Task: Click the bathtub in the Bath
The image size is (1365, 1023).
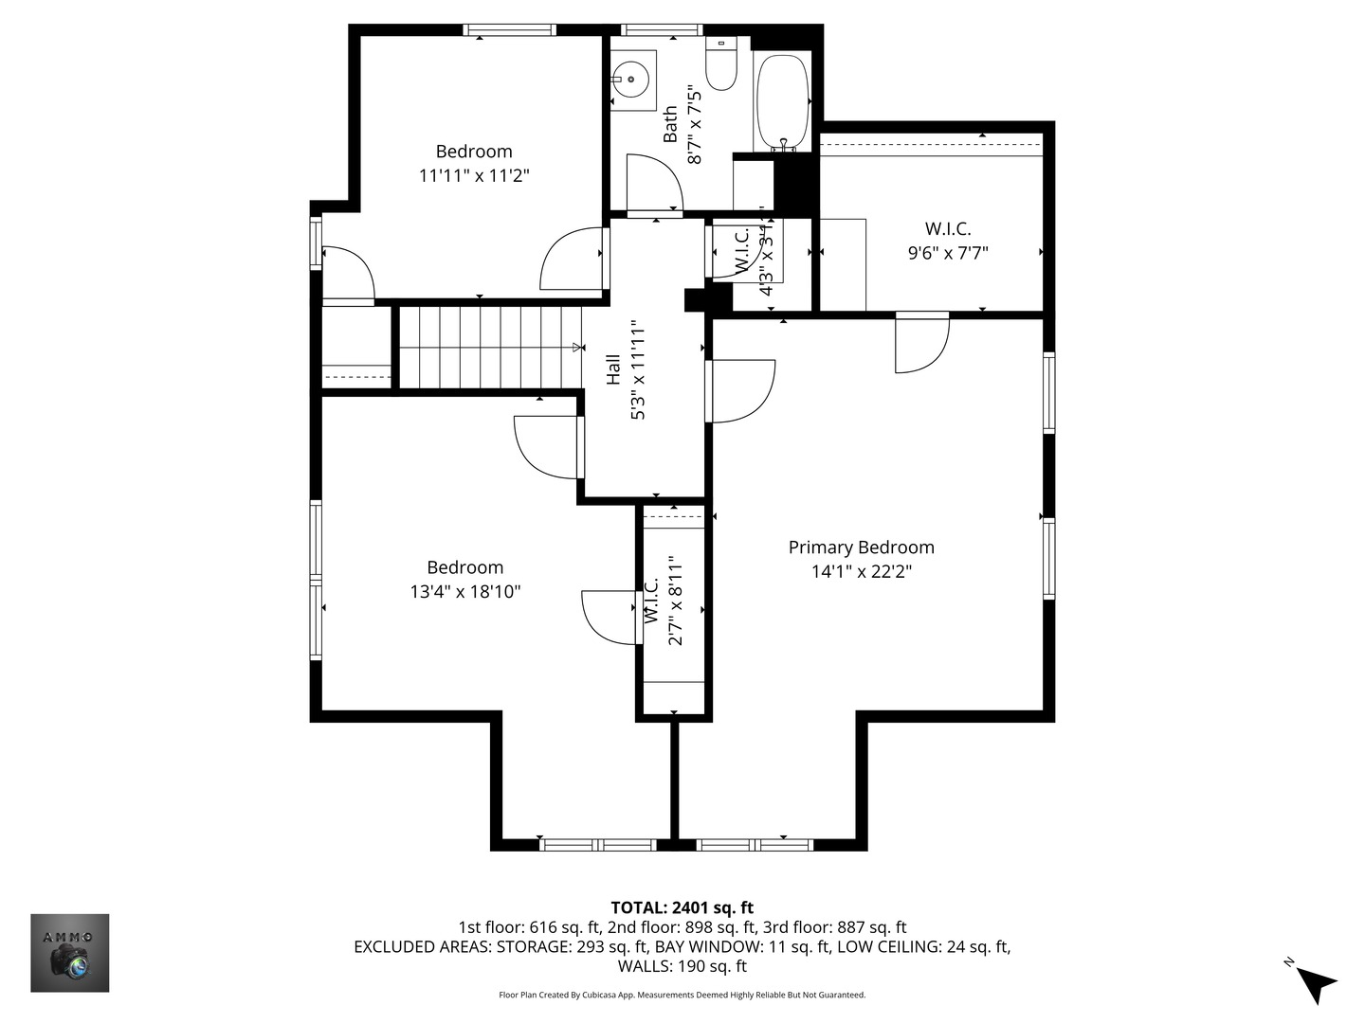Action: tap(782, 102)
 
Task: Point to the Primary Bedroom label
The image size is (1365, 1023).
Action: tap(861, 547)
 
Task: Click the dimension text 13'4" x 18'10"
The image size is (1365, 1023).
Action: tap(464, 592)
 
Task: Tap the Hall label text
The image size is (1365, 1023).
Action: tap(613, 369)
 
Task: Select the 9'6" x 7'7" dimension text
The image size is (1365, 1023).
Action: tap(947, 253)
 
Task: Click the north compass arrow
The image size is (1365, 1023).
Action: tap(1314, 982)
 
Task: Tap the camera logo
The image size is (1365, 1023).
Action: tap(70, 952)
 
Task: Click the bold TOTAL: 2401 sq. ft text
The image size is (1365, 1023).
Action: tap(682, 907)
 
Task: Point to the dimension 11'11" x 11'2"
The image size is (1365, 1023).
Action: tap(473, 175)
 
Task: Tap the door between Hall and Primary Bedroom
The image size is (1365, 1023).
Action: tap(742, 390)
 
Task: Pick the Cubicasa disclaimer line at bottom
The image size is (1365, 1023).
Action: tap(682, 995)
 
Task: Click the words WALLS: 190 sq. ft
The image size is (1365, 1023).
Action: tap(682, 966)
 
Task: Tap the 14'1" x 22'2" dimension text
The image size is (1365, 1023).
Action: tap(861, 571)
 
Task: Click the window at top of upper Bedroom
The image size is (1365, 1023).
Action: tap(509, 30)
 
